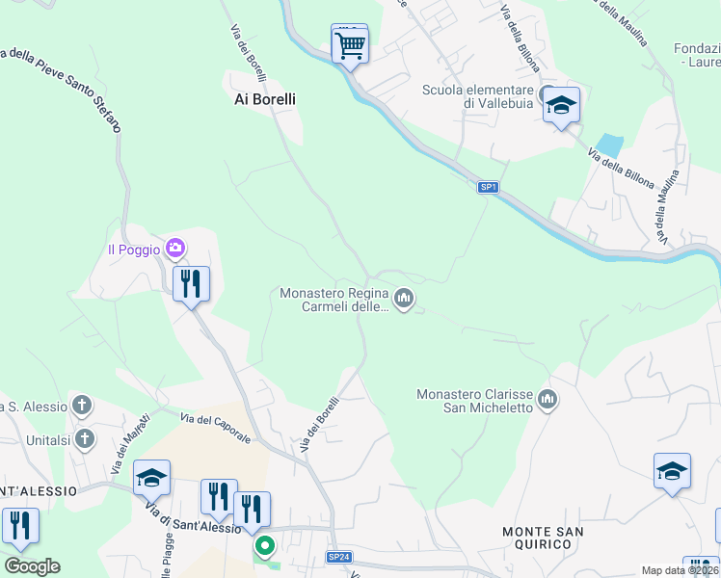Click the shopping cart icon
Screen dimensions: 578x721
(x=349, y=43)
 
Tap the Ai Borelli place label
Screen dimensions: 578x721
(x=265, y=99)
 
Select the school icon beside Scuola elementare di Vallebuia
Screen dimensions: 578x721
(x=560, y=104)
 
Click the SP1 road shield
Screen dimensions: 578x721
(x=489, y=187)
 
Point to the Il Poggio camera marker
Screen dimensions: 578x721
(x=174, y=250)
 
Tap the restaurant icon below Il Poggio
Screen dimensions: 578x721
(x=191, y=283)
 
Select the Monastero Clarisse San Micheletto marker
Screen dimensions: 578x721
(x=547, y=398)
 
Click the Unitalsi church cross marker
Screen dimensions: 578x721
(x=85, y=439)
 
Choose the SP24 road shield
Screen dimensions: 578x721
(x=338, y=557)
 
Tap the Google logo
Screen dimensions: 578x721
(x=32, y=566)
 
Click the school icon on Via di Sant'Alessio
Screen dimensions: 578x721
(x=151, y=477)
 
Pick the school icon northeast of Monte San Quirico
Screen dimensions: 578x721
(x=672, y=470)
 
